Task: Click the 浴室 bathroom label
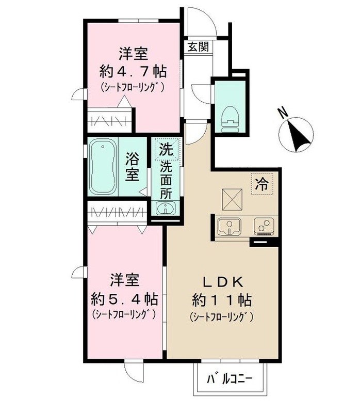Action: tap(133, 166)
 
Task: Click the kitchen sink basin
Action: tap(228, 226)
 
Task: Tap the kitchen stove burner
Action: tap(264, 226)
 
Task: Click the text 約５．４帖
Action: tap(124, 298)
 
